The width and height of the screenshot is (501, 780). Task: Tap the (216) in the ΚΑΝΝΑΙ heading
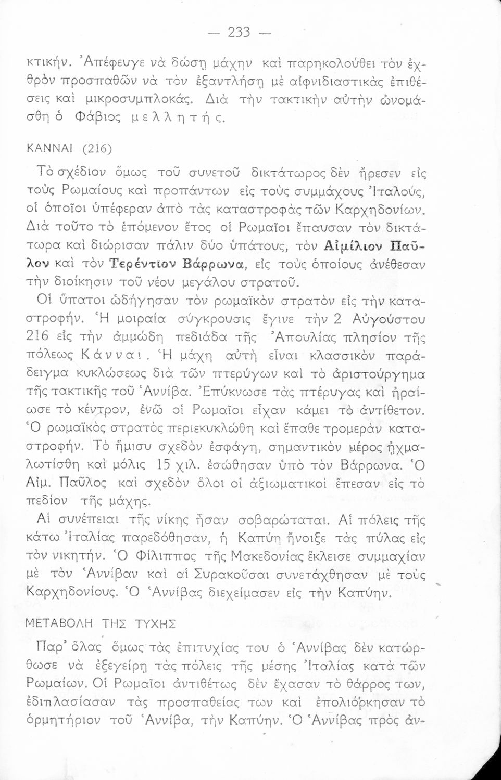tap(97, 149)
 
